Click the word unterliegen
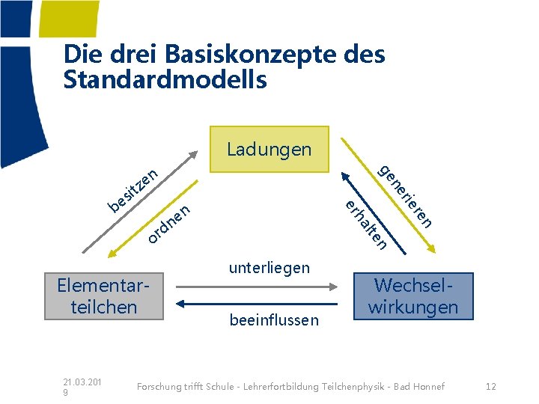click(x=269, y=268)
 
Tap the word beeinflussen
click(x=273, y=320)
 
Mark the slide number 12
click(x=491, y=386)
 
